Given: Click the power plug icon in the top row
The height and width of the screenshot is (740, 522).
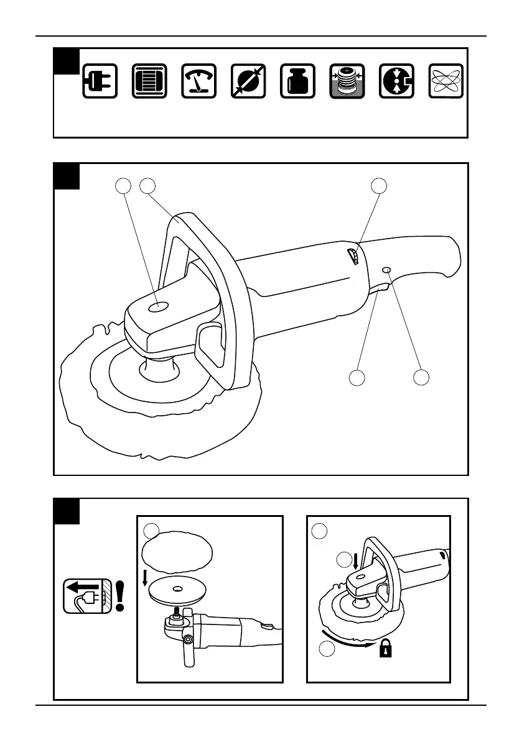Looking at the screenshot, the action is pos(100,81).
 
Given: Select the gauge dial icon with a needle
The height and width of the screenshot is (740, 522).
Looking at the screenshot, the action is pos(198,81).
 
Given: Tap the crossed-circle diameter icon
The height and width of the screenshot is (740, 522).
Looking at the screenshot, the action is pos(248,81).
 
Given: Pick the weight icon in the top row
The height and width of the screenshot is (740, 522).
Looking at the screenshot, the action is pos(297,81).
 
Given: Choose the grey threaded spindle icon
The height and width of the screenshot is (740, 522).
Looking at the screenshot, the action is pos(347,81).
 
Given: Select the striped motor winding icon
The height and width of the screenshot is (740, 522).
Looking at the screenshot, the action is pos(149,81).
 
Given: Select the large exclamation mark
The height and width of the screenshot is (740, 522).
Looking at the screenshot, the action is pos(120,595).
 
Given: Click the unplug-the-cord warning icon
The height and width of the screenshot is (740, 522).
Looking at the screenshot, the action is pos(86,595).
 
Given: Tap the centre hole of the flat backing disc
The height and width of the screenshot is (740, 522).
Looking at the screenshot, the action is pos(177,587).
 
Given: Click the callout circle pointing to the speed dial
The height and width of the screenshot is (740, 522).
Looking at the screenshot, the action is pos(378,185).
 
